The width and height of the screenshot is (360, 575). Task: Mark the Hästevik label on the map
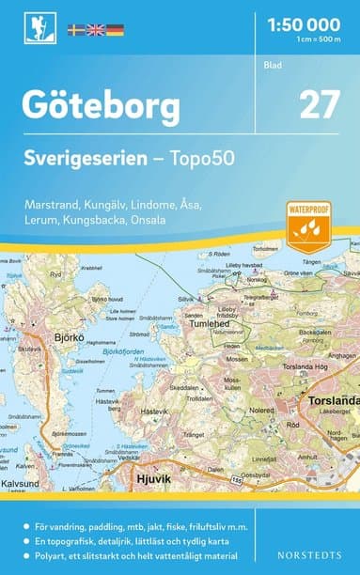coord(152,411)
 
